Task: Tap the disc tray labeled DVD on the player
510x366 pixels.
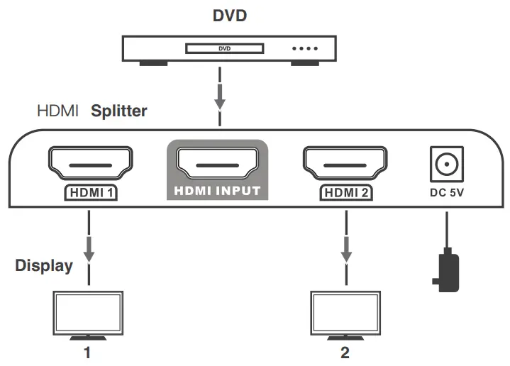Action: click(x=224, y=49)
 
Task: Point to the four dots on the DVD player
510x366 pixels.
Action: click(x=305, y=50)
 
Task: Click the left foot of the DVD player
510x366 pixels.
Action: click(x=153, y=64)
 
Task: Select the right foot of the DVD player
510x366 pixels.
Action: click(x=305, y=64)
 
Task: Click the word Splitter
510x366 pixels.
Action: click(x=118, y=111)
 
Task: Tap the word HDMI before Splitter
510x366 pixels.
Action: click(x=57, y=111)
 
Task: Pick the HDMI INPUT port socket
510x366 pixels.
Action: click(x=218, y=164)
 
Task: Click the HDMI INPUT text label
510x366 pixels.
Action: click(x=218, y=192)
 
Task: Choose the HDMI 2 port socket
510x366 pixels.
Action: click(x=345, y=164)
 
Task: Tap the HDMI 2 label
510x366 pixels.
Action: click(x=345, y=192)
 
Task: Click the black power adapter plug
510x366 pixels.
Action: click(x=446, y=273)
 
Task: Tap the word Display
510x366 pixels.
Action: click(x=44, y=266)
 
